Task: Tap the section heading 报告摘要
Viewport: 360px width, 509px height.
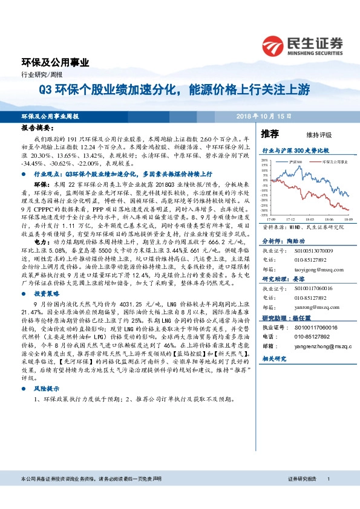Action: [x=38, y=129]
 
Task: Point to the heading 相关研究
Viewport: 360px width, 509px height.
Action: [x=274, y=358]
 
